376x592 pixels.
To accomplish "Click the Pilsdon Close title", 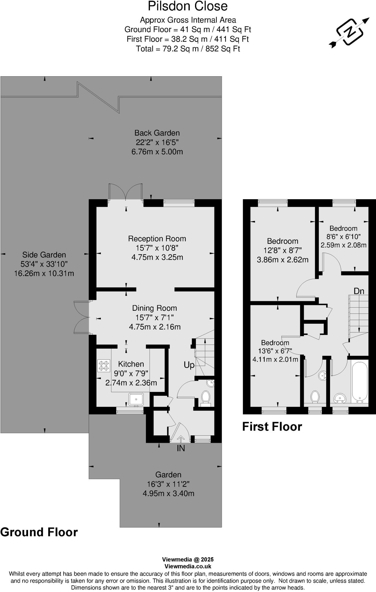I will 188,6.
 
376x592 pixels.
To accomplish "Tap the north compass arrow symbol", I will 349,32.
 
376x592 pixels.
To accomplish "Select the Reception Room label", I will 157,239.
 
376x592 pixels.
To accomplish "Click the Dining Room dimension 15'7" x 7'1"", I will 154,317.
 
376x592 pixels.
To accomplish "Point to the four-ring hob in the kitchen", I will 104,366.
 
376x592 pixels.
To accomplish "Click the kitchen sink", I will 136,399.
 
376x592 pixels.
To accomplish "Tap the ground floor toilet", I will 205,397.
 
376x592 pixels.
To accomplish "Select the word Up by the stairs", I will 189,365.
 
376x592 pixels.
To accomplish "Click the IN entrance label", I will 181,448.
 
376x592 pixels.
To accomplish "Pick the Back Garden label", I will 157,133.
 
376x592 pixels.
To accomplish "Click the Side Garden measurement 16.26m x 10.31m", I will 44,273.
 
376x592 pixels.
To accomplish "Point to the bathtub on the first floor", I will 360,381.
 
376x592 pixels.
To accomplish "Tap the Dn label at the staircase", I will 359,291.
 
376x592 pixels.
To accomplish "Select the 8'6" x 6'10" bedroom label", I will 343,236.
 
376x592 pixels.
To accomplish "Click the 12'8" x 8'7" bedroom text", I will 282,250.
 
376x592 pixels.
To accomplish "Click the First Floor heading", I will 272,427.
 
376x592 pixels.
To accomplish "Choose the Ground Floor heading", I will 39,532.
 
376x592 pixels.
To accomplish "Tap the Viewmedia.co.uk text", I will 188,567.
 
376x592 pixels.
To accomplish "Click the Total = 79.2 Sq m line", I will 188,49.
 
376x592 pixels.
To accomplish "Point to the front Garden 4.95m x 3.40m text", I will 168,493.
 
